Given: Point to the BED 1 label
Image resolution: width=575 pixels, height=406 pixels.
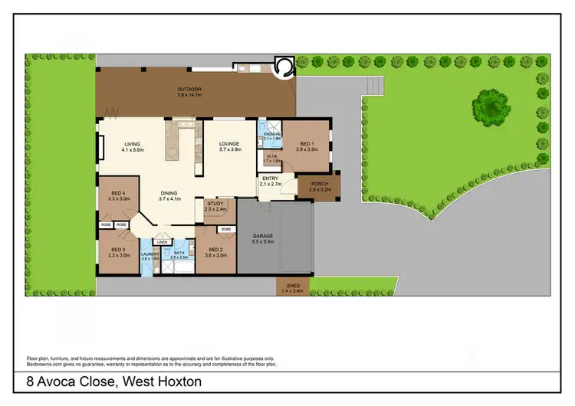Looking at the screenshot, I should (307, 143).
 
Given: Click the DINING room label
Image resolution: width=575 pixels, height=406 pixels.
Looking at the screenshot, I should (169, 193).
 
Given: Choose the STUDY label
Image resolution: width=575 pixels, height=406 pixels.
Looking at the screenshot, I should (215, 204).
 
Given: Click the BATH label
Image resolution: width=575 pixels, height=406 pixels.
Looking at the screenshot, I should (179, 254).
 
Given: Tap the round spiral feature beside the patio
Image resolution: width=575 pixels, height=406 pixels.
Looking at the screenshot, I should (284, 67).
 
